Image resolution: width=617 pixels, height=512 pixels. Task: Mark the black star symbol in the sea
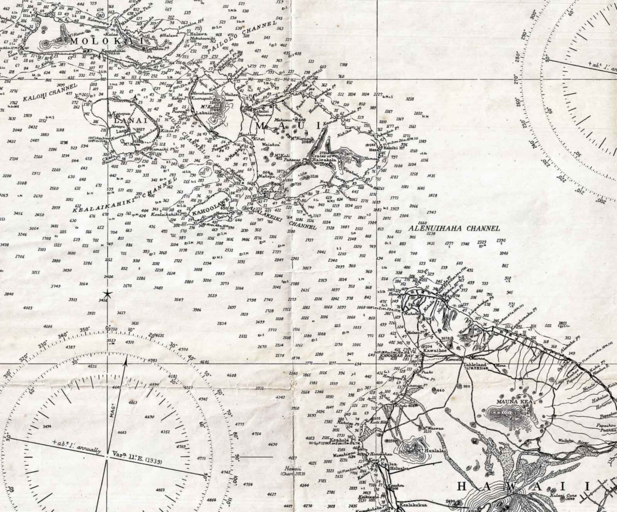pyautogui.click(x=108, y=295)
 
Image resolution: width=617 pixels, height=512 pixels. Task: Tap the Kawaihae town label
pyautogui.click(x=441, y=347)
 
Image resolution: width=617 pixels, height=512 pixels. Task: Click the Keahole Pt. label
pyautogui.click(x=339, y=440)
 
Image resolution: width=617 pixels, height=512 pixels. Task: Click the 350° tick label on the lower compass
pyautogui.click(x=84, y=330)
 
